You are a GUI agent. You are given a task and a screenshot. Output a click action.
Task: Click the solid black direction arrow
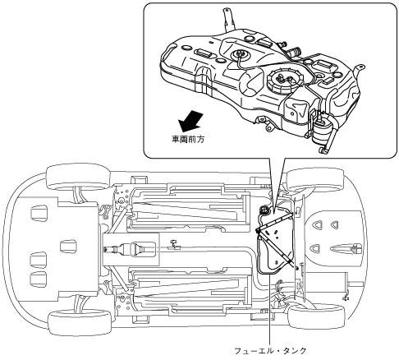190,121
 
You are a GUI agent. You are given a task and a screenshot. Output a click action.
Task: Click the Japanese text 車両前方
188,140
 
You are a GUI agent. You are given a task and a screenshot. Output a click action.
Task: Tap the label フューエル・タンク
270,350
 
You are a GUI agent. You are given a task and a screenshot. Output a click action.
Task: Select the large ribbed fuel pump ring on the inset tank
286,79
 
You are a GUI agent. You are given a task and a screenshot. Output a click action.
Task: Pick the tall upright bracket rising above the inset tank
228,19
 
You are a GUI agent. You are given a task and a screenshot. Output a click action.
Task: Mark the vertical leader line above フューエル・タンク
270,309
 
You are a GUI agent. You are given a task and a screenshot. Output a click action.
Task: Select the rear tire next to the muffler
316,316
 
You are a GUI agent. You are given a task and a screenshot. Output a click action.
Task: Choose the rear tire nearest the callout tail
314,180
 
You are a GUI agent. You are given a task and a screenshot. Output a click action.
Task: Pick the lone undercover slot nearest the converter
68,246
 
